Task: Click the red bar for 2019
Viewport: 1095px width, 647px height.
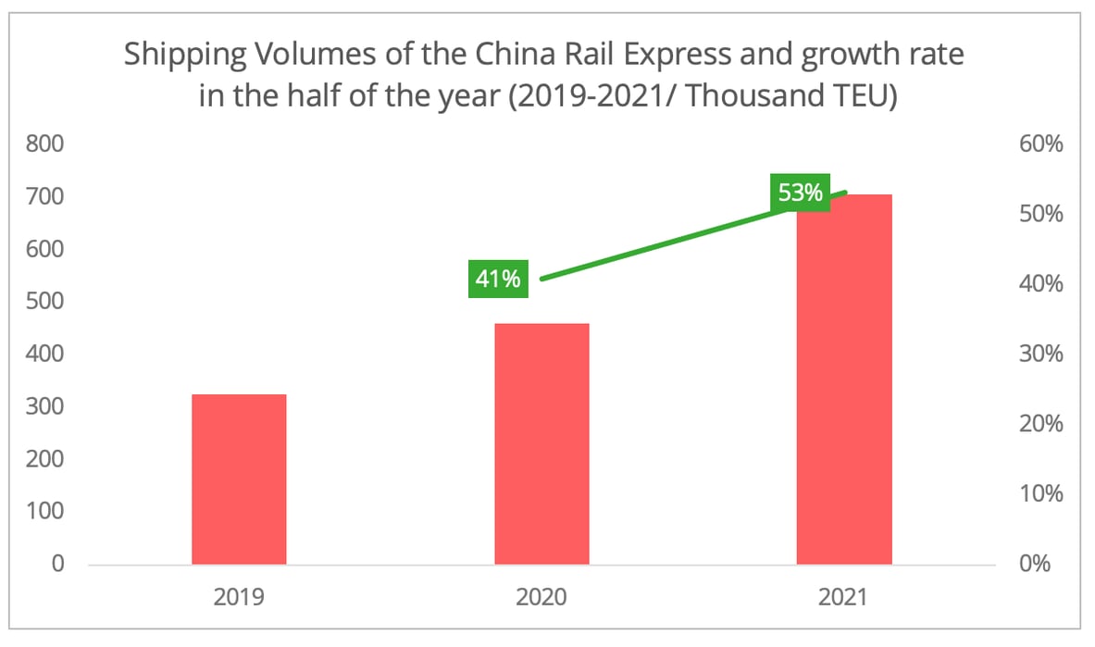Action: [x=239, y=479]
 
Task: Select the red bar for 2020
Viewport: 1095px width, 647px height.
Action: [x=541, y=443]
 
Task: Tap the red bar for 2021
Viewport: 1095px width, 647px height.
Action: [x=844, y=379]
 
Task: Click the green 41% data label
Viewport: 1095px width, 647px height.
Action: [x=498, y=278]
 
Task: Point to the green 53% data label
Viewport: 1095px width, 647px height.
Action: [x=800, y=193]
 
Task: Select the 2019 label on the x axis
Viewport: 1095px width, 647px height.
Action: [x=239, y=597]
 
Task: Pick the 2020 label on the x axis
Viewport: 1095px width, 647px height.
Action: [x=541, y=597]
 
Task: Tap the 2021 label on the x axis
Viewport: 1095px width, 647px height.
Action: [x=844, y=597]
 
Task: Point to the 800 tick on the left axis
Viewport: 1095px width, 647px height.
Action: [x=46, y=144]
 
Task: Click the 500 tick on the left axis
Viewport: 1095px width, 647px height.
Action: [x=46, y=302]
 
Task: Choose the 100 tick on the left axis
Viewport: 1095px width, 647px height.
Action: [x=46, y=511]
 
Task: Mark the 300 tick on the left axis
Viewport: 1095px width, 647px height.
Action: [x=46, y=406]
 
